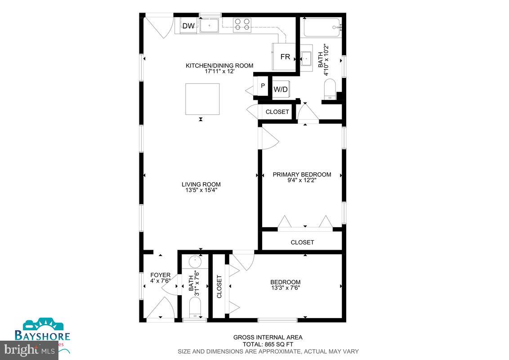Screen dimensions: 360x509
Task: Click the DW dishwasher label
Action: pyautogui.click(x=188, y=26)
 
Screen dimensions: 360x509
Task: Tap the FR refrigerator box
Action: pyautogui.click(x=285, y=57)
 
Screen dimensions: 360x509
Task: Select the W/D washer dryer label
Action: pyautogui.click(x=281, y=90)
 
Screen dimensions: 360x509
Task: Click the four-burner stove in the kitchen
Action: pyautogui.click(x=242, y=24)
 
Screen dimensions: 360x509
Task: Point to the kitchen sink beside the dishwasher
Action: pyautogui.click(x=209, y=26)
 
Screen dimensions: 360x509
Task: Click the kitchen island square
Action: pyautogui.click(x=202, y=99)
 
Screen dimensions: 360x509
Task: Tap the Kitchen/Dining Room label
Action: pyautogui.click(x=219, y=66)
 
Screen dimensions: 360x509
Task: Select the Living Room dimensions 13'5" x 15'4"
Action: pyautogui.click(x=201, y=190)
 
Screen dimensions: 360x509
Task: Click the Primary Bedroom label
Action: pyautogui.click(x=302, y=175)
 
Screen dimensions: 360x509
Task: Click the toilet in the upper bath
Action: pyautogui.click(x=330, y=89)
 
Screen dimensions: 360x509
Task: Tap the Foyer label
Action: pyautogui.click(x=160, y=275)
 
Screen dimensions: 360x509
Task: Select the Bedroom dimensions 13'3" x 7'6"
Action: pyautogui.click(x=286, y=288)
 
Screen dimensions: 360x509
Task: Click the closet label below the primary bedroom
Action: pyautogui.click(x=302, y=242)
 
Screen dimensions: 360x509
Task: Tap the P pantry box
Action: pyautogui.click(x=263, y=85)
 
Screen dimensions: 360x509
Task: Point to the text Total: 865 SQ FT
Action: pyautogui.click(x=268, y=344)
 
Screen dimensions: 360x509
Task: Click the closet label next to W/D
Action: pyautogui.click(x=277, y=112)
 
